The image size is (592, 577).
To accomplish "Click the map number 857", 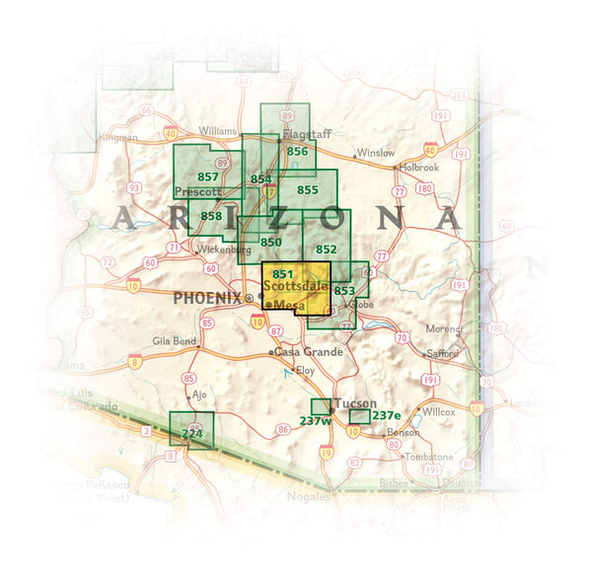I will pos(208,176).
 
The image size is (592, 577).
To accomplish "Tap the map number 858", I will pos(211,216).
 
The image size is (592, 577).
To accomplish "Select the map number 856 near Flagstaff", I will pos(297,151).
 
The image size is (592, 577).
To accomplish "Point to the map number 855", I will pos(308,189).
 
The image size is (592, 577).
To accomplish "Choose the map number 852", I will pos(326,250).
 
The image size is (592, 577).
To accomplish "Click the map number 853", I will pos(344,291).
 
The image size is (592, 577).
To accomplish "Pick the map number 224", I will pos(192,433).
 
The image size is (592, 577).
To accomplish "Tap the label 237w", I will pos(315,420).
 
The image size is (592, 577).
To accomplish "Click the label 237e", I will pos(387,415).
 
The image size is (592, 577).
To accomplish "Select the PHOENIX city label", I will pos(207,297).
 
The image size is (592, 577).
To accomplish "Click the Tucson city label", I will pos(356,404).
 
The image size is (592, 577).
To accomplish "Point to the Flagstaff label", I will pos(303,133).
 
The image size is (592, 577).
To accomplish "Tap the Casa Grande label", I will pos(309,352).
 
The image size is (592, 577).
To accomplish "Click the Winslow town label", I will pos(376,154).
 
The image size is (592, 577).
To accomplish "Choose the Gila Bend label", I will pos(176,341).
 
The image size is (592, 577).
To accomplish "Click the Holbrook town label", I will pos(419,168).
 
